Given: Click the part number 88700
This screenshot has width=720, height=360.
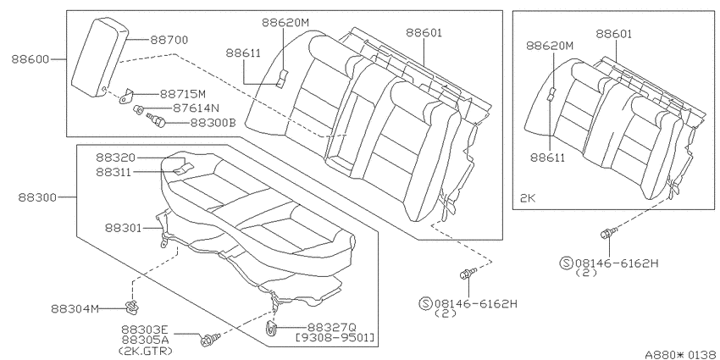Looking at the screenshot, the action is coord(169,41).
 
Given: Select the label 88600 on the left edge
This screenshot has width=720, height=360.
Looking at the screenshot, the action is coord(30,59).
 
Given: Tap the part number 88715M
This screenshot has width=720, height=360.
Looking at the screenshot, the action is coord(183,94).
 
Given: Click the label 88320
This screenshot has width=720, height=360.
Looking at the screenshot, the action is coord(116,158).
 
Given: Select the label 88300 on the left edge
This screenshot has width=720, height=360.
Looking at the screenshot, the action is coord(37,197).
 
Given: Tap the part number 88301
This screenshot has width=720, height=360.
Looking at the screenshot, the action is coord(123,228).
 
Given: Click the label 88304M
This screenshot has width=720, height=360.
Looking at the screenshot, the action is coord(75,308).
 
